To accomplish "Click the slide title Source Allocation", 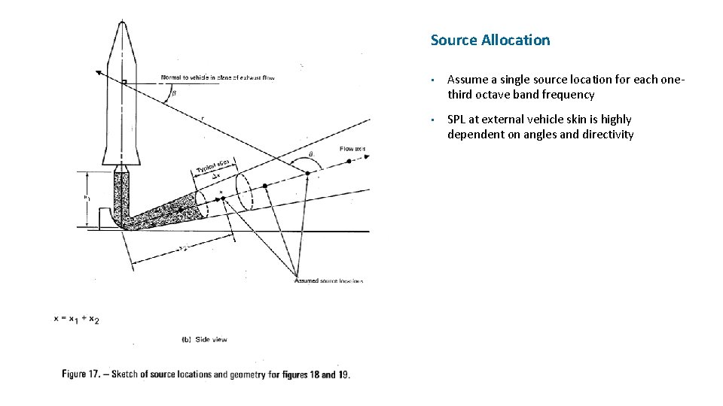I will (490, 41).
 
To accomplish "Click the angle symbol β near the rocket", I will (174, 94).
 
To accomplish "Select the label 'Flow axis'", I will (352, 149).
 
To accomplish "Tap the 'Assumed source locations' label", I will (328, 280).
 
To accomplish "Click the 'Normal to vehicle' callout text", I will (218, 77).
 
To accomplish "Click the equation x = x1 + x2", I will (76, 319).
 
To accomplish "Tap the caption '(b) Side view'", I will (204, 340).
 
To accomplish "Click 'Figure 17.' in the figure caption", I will (85, 374).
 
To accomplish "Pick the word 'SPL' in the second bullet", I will (458, 120).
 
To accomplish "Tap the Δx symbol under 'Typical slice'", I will (216, 176).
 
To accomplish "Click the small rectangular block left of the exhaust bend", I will (105, 217).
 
